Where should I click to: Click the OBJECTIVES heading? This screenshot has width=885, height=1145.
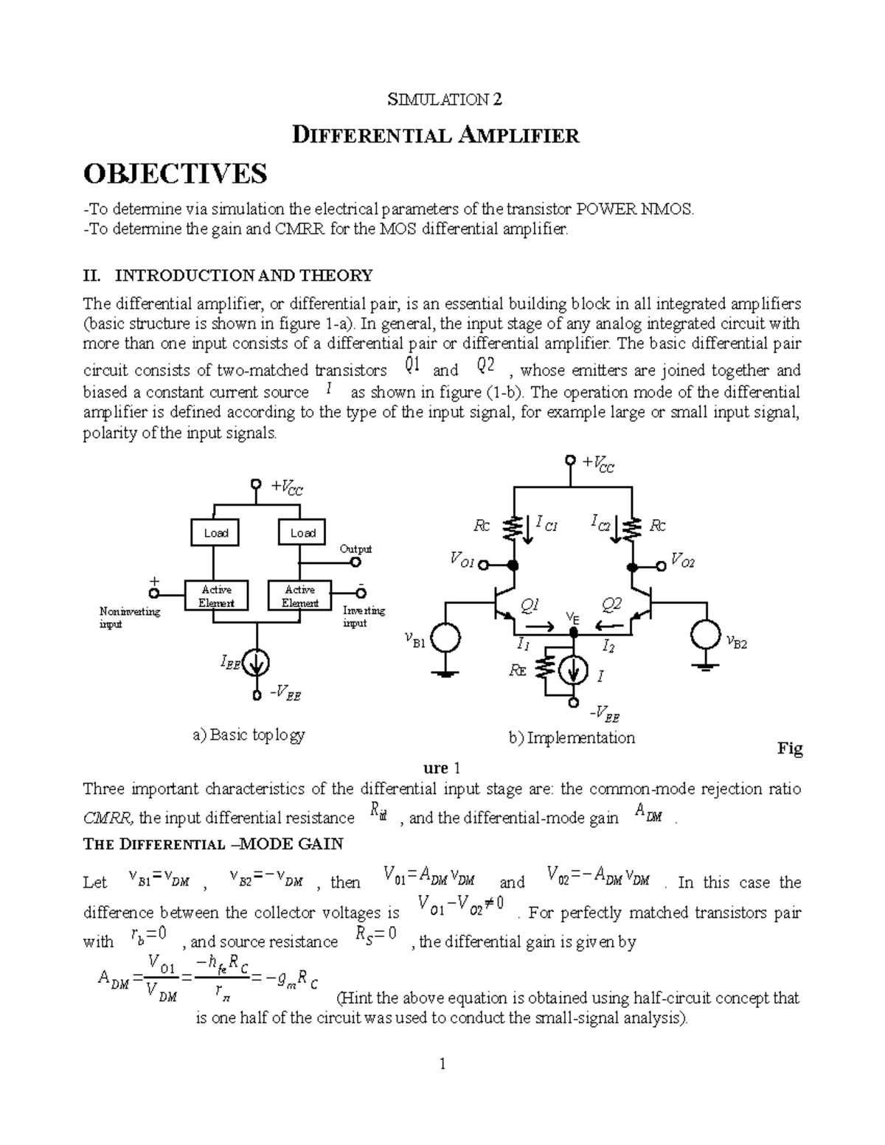(x=175, y=174)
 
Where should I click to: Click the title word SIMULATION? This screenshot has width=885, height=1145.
(x=424, y=100)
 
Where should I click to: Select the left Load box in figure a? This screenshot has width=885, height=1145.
(x=215, y=532)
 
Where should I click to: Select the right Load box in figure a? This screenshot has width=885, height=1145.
(x=302, y=532)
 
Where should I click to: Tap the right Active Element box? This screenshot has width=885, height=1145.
(x=300, y=596)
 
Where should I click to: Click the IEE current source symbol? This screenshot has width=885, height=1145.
(x=257, y=664)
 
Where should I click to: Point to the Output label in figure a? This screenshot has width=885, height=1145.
(x=355, y=549)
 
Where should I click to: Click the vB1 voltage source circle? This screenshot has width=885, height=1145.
(x=445, y=638)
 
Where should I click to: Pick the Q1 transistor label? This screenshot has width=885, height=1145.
(x=530, y=606)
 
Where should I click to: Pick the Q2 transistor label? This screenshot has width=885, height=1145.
(x=611, y=606)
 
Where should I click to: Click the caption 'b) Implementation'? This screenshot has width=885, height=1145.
(x=572, y=737)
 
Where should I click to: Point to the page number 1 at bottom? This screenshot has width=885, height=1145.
(x=442, y=1064)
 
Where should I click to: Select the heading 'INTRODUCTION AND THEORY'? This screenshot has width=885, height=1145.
(x=243, y=276)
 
